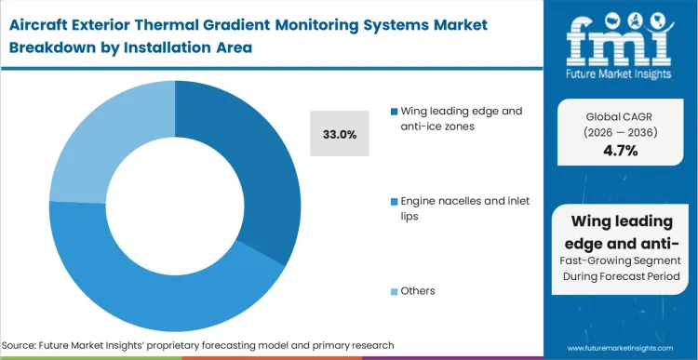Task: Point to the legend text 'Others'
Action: tap(418, 291)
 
